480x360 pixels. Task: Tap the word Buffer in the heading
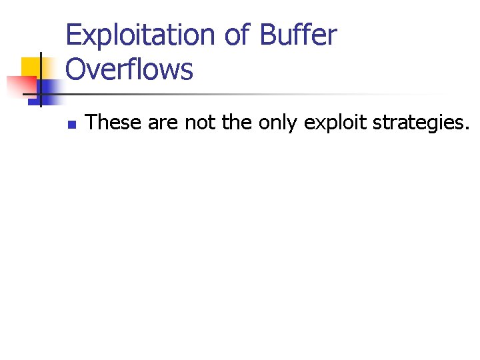299,35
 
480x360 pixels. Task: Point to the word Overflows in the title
129,69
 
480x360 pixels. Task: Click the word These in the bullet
114,123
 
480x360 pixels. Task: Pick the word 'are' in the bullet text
164,123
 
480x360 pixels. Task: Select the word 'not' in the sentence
199,123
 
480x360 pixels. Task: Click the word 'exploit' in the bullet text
329,123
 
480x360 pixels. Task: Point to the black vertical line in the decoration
41,80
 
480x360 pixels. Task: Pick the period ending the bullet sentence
467,127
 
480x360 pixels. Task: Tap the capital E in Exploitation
73,35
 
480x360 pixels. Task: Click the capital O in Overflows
77,69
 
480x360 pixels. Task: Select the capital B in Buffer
269,35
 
